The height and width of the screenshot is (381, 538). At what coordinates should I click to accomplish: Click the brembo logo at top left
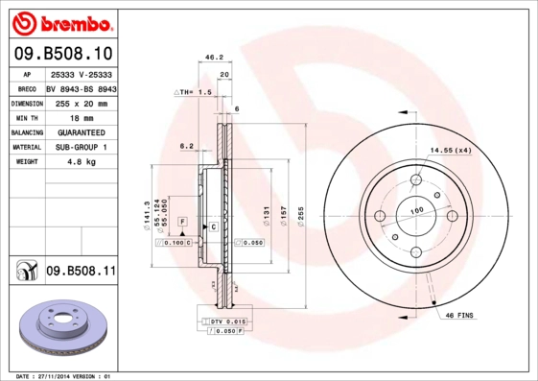[x=61, y=22]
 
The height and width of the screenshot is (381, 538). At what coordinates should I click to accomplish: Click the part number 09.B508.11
[x=81, y=273]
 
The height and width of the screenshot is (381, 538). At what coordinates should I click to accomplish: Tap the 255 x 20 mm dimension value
[x=81, y=101]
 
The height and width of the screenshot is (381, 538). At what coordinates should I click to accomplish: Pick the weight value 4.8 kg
[x=81, y=162]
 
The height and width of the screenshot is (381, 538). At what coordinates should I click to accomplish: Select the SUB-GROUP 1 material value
[x=81, y=147]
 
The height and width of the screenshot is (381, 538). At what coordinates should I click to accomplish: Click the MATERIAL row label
[x=26, y=147]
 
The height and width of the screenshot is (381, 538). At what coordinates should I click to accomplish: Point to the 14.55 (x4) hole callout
[x=450, y=151]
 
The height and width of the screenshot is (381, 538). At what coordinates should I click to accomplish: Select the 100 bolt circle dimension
[x=417, y=210]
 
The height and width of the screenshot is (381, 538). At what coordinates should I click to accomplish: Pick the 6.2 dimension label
[x=186, y=146]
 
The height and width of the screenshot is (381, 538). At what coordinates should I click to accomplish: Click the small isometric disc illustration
[x=60, y=330]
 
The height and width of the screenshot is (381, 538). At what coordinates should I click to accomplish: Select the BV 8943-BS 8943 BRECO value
[x=81, y=86]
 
